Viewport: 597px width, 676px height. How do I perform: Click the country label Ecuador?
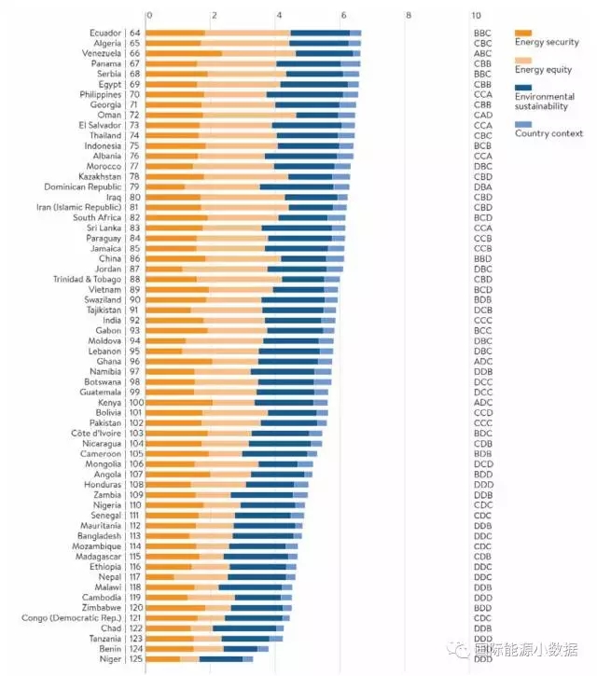pyautogui.click(x=100, y=33)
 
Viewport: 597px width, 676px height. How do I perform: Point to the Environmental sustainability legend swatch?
pyautogui.click(x=523, y=89)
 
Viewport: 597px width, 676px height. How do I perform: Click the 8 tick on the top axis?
pyautogui.click(x=409, y=16)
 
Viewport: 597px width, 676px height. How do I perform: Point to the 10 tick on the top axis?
pyautogui.click(x=476, y=16)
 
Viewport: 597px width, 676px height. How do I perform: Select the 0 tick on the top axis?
pyautogui.click(x=148, y=16)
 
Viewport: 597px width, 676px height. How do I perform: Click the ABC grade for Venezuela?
pyautogui.click(x=482, y=53)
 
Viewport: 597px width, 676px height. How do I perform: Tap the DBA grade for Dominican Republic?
pyautogui.click(x=482, y=186)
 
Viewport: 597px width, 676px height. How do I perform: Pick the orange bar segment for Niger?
pyautogui.click(x=163, y=659)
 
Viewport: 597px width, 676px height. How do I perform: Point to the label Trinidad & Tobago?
pyautogui.click(x=86, y=279)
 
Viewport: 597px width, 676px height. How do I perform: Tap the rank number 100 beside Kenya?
pyautogui.click(x=132, y=402)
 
